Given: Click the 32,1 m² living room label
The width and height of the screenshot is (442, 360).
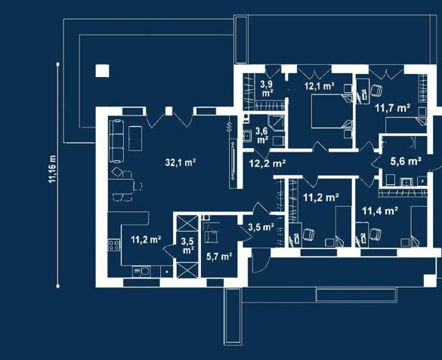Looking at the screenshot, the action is coord(181,162).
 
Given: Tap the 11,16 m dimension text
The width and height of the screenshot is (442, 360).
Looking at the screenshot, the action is coord(52,169).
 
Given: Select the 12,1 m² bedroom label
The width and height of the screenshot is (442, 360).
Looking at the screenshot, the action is coord(320,86).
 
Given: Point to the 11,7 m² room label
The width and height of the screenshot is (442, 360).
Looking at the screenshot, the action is coord(392,108).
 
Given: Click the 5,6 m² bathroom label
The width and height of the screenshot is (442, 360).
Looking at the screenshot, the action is coord(406,162).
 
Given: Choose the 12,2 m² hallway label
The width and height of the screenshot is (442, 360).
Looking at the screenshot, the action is coord(267,163).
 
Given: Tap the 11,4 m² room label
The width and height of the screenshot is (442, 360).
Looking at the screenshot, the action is coord(380,211).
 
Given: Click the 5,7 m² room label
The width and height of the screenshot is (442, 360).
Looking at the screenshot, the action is coord(219,257).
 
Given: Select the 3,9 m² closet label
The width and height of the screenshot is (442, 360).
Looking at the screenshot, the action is coord(266,88).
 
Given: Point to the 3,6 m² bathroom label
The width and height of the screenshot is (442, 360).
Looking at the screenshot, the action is coord(262,135).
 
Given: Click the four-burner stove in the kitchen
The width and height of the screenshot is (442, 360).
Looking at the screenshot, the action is coord(114,245).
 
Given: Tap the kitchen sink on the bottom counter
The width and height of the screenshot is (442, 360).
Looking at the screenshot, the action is coord(141,272).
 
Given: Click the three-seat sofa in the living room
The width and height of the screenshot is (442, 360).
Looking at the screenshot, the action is coord(116,140).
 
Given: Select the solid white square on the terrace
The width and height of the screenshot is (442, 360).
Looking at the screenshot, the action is coord(102,71).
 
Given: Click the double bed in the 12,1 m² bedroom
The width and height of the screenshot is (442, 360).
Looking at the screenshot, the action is coord(332,111).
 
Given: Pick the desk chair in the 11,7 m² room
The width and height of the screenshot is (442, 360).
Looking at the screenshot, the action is coord(376,91).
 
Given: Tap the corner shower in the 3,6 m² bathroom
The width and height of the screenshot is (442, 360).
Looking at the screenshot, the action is coord(276,123).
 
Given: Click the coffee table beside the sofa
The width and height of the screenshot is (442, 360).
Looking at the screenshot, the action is coord(135,138).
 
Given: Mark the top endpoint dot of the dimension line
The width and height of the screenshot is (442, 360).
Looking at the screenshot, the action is coord(57,64).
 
